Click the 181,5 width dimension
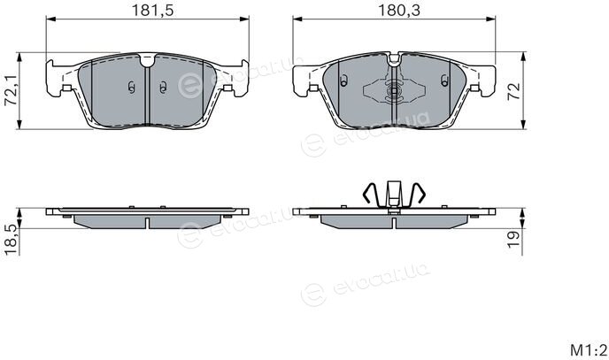tap(152, 10)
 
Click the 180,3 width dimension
tap(399, 10)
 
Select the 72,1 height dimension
tap(10, 90)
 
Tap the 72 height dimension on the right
tap(513, 91)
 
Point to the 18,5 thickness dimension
tap(11, 240)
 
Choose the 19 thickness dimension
tap(513, 239)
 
